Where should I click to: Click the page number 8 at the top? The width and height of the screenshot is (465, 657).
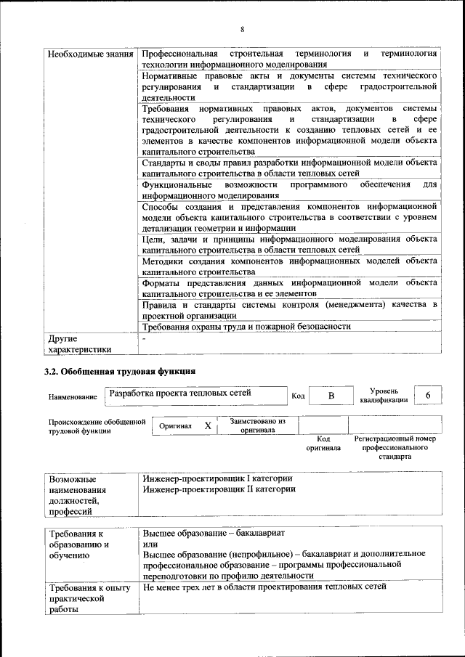click(243, 29)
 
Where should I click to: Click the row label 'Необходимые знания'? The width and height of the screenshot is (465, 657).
click(90, 54)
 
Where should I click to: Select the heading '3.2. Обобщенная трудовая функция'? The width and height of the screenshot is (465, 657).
click(120, 372)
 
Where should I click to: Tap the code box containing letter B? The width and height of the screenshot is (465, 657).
click(331, 396)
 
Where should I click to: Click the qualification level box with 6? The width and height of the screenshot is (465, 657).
click(429, 395)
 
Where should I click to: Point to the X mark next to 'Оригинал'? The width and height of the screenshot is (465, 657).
click(207, 425)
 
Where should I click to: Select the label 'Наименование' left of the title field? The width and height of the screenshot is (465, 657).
click(73, 397)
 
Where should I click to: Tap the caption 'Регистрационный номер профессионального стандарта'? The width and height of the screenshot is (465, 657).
click(395, 448)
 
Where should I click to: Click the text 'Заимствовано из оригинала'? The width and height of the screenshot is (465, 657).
click(257, 425)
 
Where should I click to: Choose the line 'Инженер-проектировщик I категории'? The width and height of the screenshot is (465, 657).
click(217, 478)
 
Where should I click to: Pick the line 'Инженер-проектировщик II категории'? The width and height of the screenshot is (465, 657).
click(219, 489)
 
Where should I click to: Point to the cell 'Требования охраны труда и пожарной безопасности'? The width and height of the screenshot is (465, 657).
click(247, 326)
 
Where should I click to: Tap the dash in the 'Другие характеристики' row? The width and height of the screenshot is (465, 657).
click(144, 338)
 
